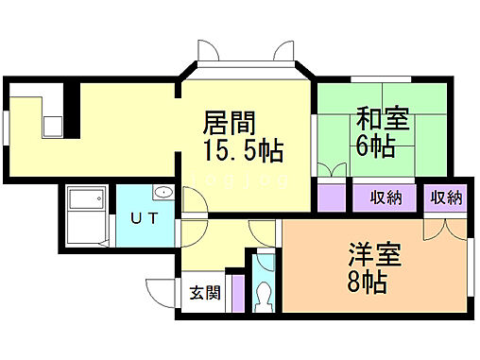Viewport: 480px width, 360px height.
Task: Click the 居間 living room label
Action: tap(229, 123)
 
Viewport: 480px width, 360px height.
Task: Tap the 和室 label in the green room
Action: tap(381, 122)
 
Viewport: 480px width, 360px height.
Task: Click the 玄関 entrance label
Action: tap(204, 292)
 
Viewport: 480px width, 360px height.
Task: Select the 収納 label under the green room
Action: tap(386, 197)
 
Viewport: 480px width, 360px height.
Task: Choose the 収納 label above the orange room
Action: tap(447, 197)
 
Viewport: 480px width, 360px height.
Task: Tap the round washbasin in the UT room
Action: tap(162, 194)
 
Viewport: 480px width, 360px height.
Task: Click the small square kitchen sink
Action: tap(51, 124)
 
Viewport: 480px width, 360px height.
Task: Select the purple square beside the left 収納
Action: tap(331, 198)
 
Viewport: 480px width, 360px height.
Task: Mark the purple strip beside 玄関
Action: tap(237, 293)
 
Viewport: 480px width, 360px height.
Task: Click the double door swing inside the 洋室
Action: tap(443, 228)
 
